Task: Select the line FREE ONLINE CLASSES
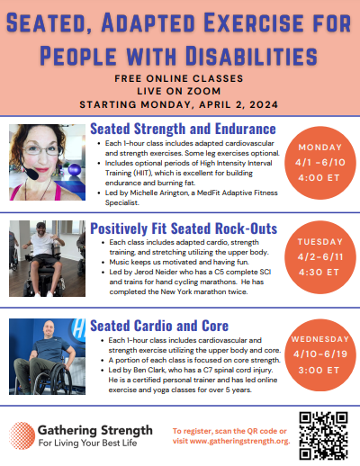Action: point(179,78)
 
